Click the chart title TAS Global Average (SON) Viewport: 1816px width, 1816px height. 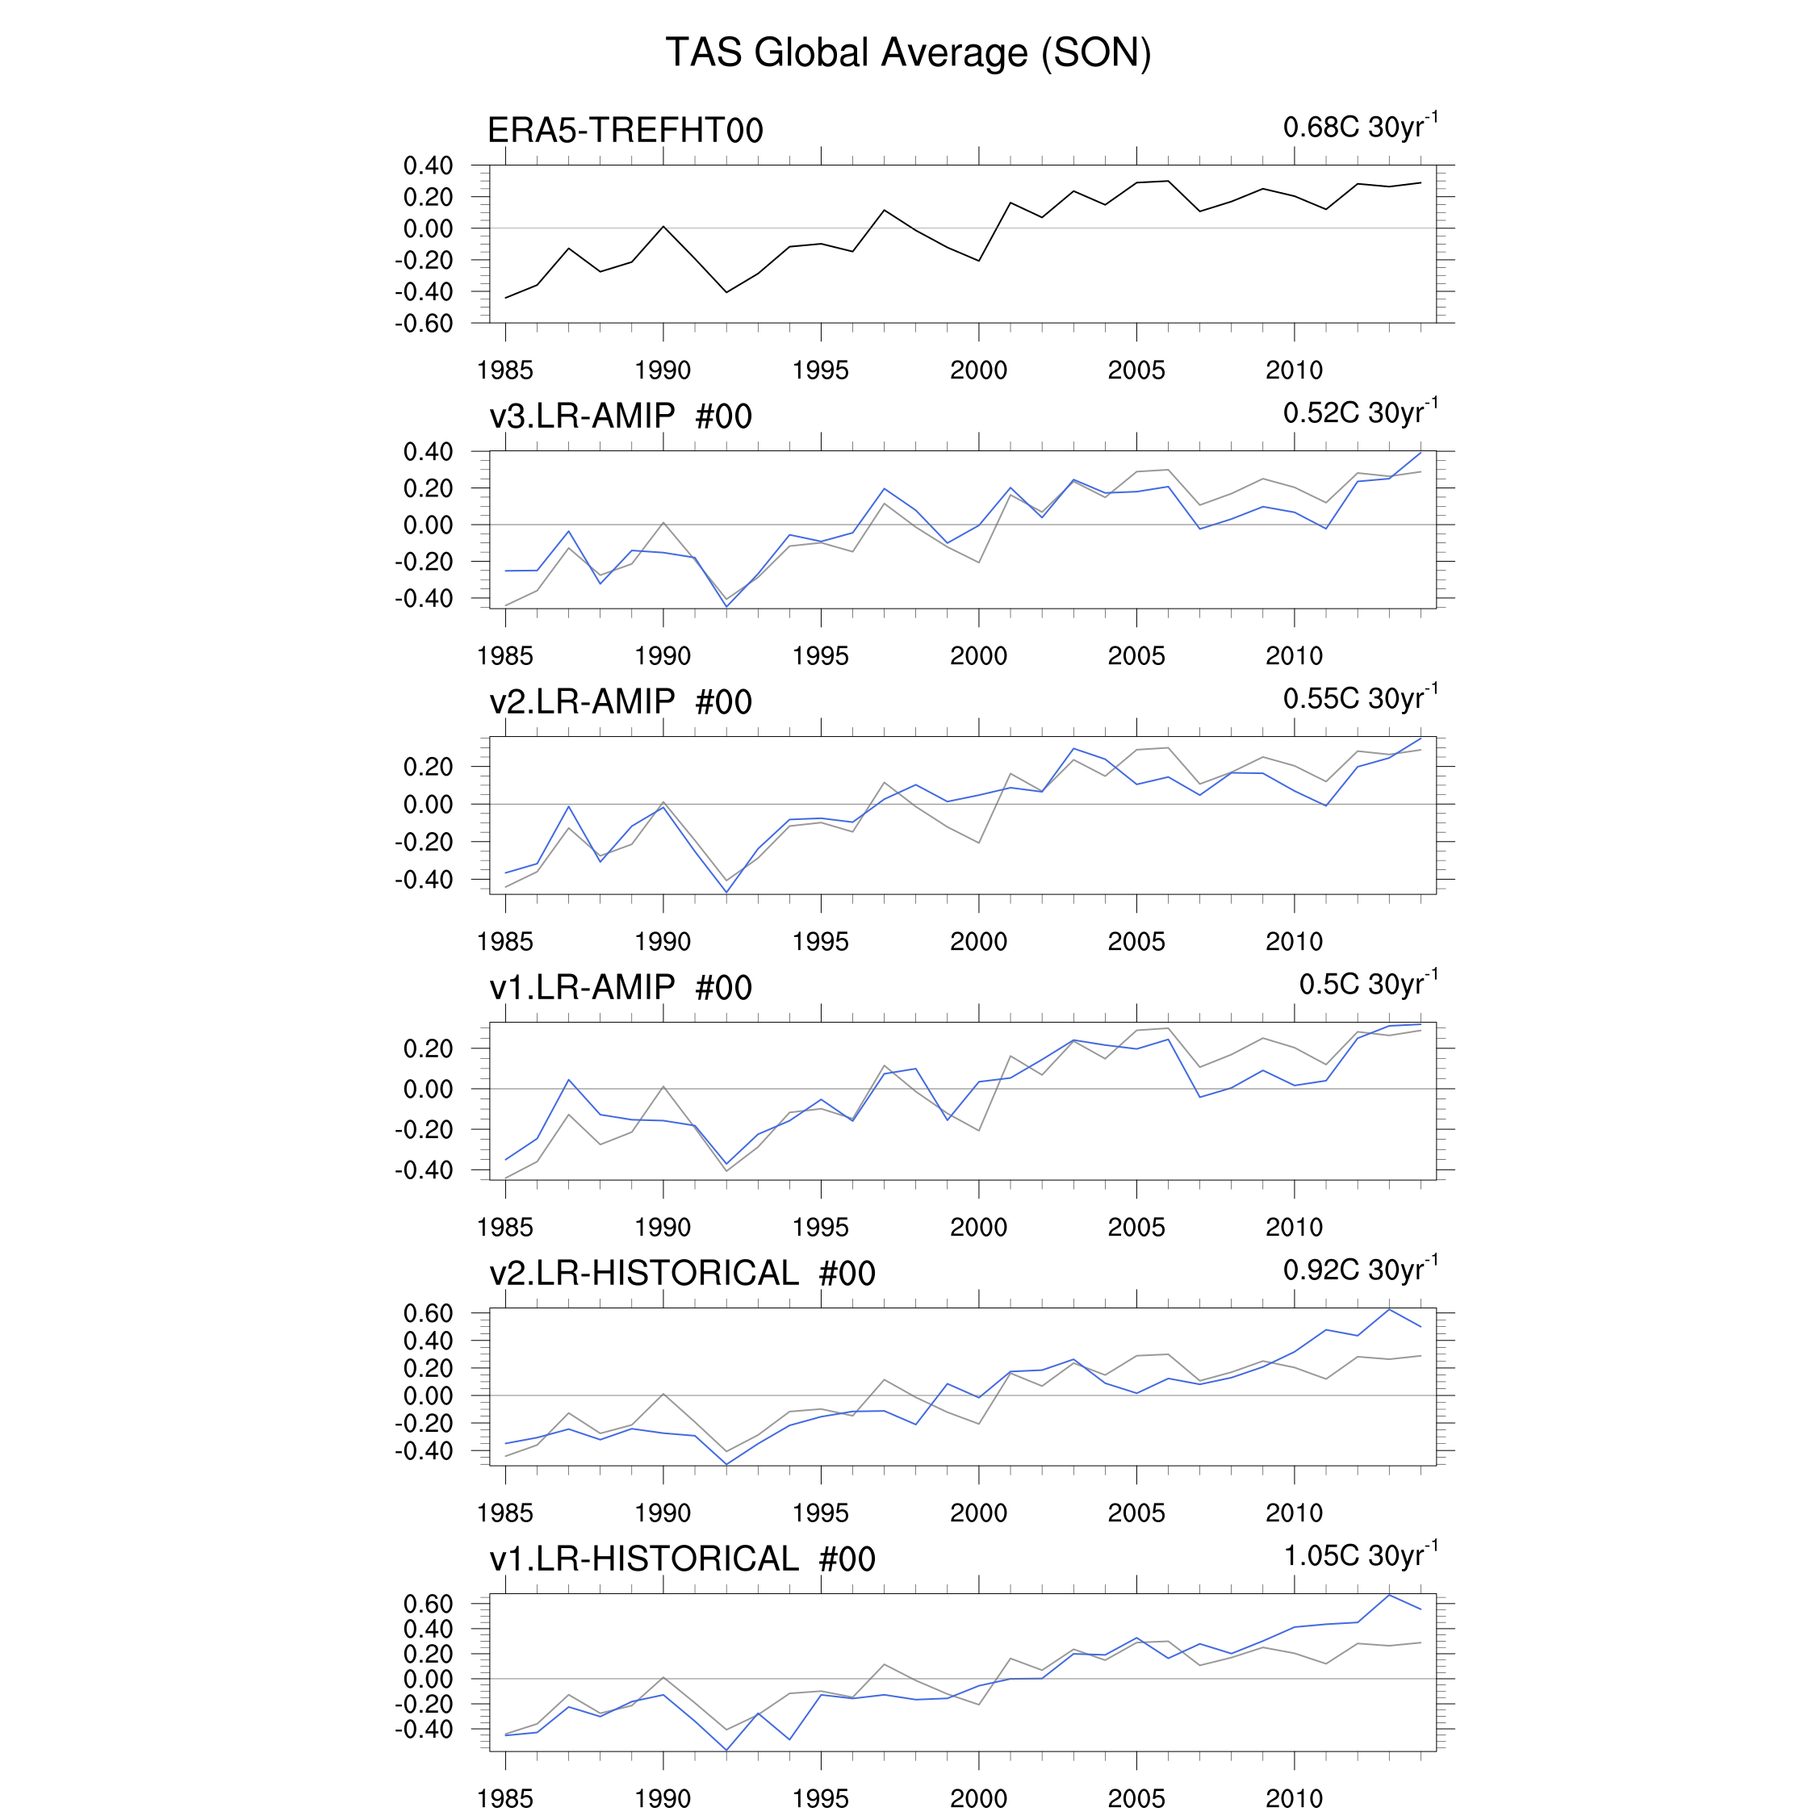click(908, 52)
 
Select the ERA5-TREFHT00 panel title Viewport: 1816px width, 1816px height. click(625, 131)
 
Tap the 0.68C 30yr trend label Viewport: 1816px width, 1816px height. click(1359, 127)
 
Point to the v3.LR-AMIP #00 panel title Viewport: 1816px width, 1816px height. click(621, 416)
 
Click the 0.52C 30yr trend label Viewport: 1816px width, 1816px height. click(1359, 412)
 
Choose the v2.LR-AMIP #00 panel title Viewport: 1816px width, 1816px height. click(621, 701)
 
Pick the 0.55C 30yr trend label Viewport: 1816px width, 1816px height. click(1359, 698)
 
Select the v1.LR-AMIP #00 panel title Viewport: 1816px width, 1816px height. click(621, 987)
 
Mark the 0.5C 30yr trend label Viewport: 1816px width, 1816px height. click(1367, 984)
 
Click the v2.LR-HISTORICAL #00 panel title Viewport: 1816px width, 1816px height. click(682, 1273)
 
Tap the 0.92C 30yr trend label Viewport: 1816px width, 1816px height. click(1359, 1270)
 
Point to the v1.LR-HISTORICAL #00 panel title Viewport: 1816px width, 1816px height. click(682, 1559)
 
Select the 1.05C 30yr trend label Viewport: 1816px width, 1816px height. click(1359, 1555)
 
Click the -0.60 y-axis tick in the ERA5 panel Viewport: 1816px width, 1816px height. click(424, 324)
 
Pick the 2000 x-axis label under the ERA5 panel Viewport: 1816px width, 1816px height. click(978, 370)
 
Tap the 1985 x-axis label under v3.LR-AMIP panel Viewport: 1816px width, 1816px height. click(504, 656)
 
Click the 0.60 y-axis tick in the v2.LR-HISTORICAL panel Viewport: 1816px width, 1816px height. click(428, 1313)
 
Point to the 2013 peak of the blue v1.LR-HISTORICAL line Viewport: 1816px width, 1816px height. click(1389, 1595)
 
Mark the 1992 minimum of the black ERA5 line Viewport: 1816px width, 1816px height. click(726, 292)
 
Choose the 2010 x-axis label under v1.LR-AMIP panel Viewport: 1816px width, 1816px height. click(1295, 1228)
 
